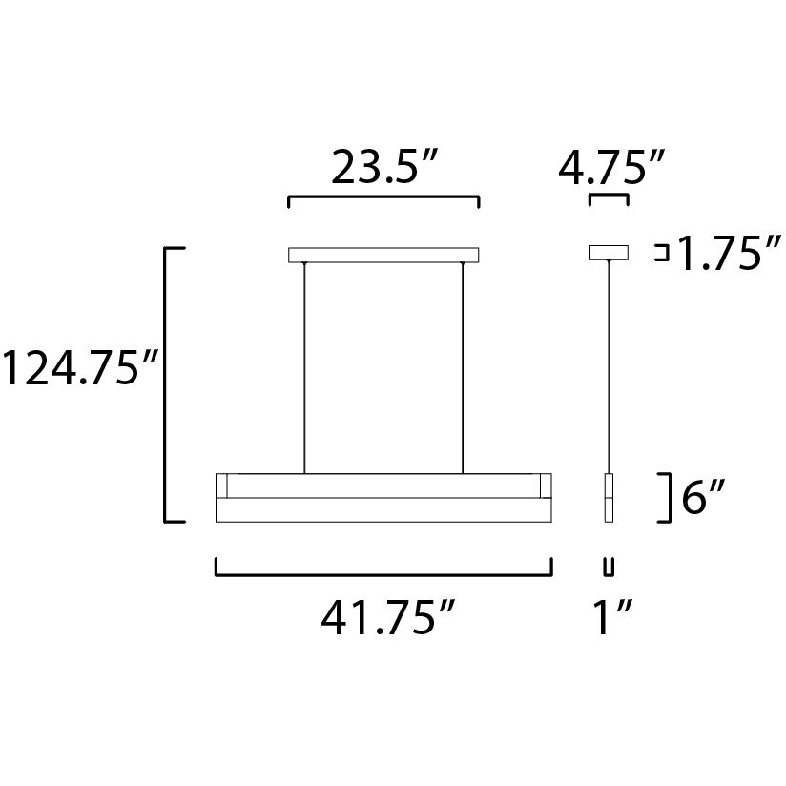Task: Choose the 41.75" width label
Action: pyautogui.click(x=385, y=621)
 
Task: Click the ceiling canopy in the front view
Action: pyautogui.click(x=383, y=255)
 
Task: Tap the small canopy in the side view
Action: pyautogui.click(x=610, y=253)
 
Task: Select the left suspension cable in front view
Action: pyautogui.click(x=304, y=367)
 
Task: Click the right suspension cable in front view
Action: pyautogui.click(x=463, y=367)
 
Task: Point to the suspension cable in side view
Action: pyautogui.click(x=609, y=367)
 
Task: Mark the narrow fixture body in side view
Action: pyautogui.click(x=609, y=497)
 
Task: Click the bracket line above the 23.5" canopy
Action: pyautogui.click(x=383, y=198)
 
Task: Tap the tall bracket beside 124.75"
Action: pyautogui.click(x=167, y=384)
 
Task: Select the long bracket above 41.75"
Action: pyautogui.click(x=383, y=574)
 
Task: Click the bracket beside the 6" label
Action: pyautogui.click(x=672, y=498)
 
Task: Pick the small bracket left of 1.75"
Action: pyautogui.click(x=659, y=253)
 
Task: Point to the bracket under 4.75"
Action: pyautogui.click(x=610, y=196)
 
